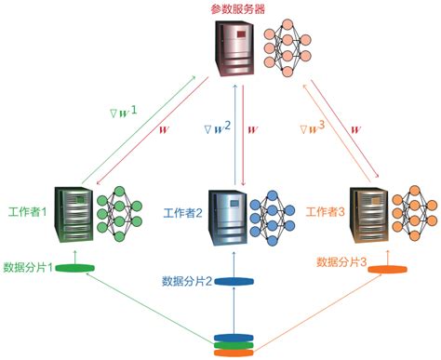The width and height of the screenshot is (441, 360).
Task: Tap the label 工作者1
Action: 30,213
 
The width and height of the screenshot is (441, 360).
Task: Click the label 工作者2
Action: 182,214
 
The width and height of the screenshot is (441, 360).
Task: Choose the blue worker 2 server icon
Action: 227,216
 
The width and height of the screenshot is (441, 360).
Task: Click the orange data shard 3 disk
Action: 387,270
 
